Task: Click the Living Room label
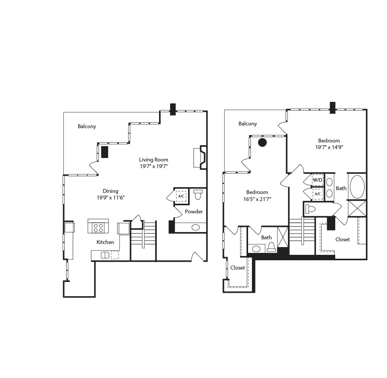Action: click(x=154, y=160)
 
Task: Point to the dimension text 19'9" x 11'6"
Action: click(x=110, y=198)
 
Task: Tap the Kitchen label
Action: click(x=105, y=242)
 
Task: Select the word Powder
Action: click(x=193, y=211)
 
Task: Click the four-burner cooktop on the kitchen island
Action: click(x=98, y=228)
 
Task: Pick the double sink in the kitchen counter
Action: click(x=105, y=255)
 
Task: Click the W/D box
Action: click(x=317, y=180)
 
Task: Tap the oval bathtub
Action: click(x=357, y=187)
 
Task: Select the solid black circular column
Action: click(x=262, y=143)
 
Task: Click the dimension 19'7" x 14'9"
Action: click(x=329, y=147)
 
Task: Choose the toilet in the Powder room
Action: click(x=198, y=194)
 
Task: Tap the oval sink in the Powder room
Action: click(x=196, y=228)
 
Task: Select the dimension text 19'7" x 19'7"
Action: click(x=154, y=166)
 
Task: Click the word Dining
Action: click(x=110, y=191)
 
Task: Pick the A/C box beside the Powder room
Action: click(x=181, y=196)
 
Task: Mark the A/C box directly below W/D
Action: click(x=317, y=194)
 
